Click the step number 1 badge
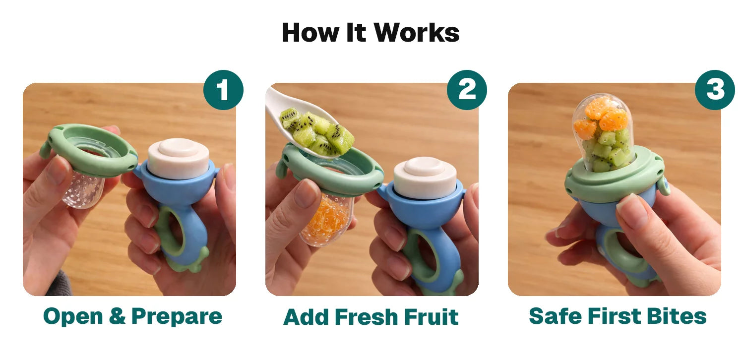[223, 90]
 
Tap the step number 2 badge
[467, 90]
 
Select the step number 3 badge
[715, 90]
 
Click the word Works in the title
[417, 33]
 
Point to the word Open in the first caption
[73, 316]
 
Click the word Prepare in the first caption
[177, 316]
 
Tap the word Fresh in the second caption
[366, 317]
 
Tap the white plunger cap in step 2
[425, 178]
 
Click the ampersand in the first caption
[117, 315]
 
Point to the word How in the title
[310, 33]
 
